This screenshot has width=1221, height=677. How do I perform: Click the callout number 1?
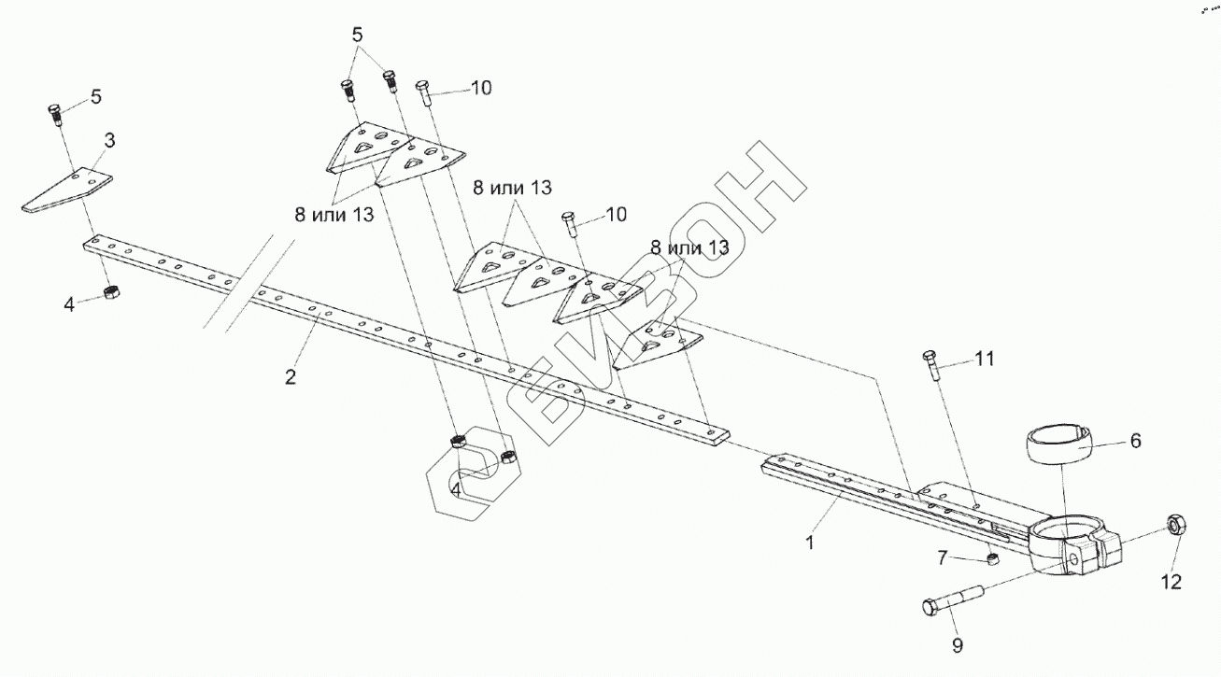pos(810,542)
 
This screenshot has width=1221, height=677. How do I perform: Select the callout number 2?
pos(291,377)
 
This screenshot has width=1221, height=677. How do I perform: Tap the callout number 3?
pos(109,141)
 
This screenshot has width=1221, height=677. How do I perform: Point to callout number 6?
pos(1135,441)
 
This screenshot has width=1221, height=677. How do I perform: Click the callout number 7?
pos(943,557)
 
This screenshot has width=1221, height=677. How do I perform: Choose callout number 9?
pos(957,644)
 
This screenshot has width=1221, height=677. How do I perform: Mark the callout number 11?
pos(985,358)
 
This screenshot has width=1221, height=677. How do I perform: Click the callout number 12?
pos(1171,582)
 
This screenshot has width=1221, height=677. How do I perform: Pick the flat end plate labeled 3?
pos(65,190)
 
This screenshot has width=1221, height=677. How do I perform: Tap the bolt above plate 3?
pos(55,114)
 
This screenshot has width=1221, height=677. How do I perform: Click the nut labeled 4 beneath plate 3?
pos(110,292)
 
